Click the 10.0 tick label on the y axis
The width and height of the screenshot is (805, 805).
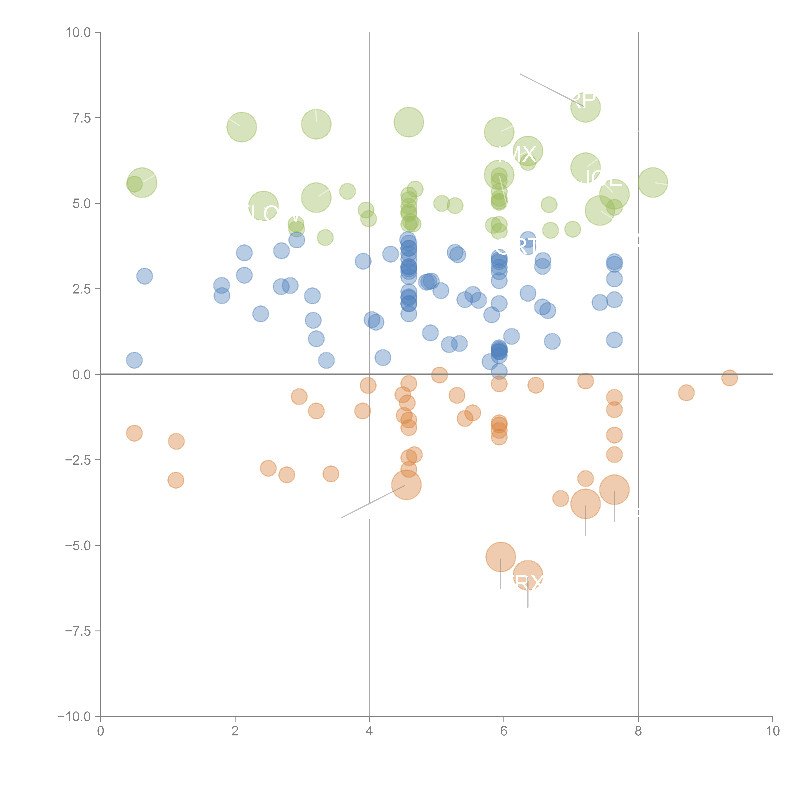78,33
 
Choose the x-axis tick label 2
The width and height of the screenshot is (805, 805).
235,731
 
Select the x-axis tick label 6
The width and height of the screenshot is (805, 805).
504,731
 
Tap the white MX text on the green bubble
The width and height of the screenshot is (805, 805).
519,155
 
